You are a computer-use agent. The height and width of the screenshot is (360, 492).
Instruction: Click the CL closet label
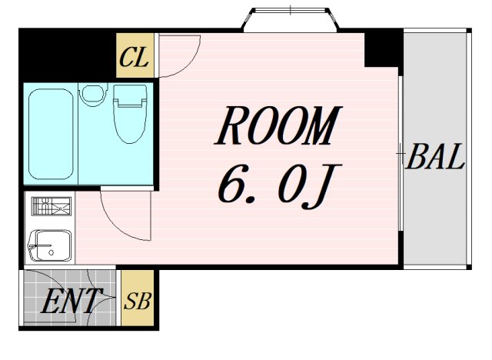[x=134, y=58]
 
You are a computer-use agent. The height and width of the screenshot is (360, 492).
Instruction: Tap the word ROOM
[x=278, y=125]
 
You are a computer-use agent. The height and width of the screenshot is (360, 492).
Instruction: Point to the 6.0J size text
[x=279, y=186]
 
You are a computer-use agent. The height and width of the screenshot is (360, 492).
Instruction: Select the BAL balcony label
[x=436, y=156]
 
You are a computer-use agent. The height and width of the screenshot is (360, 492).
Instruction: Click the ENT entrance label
[x=71, y=301]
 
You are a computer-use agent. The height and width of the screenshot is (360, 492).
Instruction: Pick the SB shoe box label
[x=138, y=301]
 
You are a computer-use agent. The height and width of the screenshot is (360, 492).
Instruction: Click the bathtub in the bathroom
[x=51, y=134]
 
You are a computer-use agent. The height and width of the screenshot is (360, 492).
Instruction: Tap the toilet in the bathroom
[x=130, y=114]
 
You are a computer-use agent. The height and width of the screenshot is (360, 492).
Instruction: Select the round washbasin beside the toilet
[x=92, y=94]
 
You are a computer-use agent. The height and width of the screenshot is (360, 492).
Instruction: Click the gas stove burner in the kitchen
[x=52, y=206]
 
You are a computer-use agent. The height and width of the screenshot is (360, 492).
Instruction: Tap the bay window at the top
[x=291, y=19]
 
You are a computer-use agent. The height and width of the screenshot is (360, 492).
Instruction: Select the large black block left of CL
[x=67, y=55]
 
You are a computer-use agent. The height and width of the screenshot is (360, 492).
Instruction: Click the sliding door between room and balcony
[x=401, y=154]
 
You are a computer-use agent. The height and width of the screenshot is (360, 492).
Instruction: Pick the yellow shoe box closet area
[x=138, y=298]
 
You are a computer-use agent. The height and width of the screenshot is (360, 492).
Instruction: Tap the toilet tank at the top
[x=130, y=94]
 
